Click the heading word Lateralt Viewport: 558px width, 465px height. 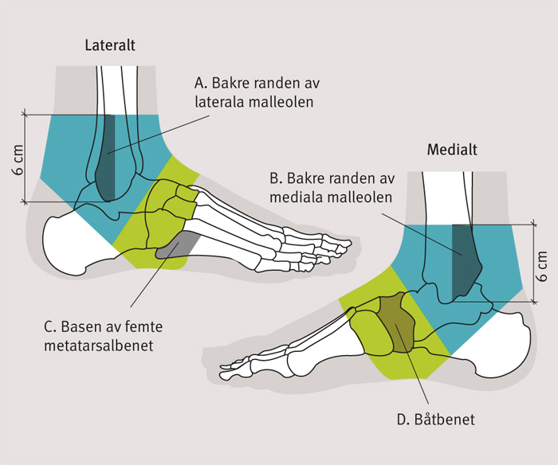click(x=110, y=45)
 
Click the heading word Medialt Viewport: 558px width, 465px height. click(x=451, y=150)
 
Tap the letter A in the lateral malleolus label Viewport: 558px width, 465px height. click(x=199, y=84)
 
